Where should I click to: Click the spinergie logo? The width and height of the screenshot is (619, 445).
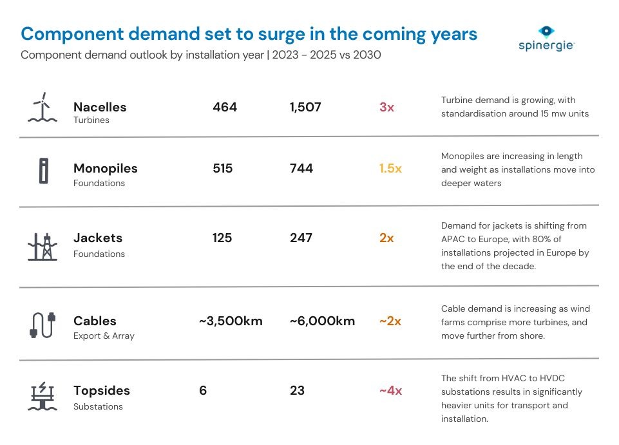[546, 39]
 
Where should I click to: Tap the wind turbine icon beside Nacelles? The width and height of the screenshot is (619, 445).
[43, 108]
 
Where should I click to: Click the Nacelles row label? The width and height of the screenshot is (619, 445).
[100, 107]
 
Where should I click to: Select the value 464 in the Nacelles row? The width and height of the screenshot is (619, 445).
[225, 107]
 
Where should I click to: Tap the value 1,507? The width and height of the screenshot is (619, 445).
[305, 107]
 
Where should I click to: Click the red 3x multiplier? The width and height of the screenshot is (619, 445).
[386, 107]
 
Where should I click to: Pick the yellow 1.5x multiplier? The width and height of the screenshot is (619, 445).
[390, 168]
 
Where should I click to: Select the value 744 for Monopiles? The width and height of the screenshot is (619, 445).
[301, 168]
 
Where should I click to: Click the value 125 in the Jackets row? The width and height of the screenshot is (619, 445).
[223, 238]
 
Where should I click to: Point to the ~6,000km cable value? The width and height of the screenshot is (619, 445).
[322, 321]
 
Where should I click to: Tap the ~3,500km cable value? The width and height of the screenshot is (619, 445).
[231, 321]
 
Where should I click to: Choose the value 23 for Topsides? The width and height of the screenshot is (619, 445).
[297, 390]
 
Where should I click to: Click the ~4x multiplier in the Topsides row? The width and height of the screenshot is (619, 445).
[390, 390]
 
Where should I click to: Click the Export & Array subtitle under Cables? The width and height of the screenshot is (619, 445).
[104, 336]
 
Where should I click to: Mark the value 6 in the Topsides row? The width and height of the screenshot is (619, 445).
[203, 390]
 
